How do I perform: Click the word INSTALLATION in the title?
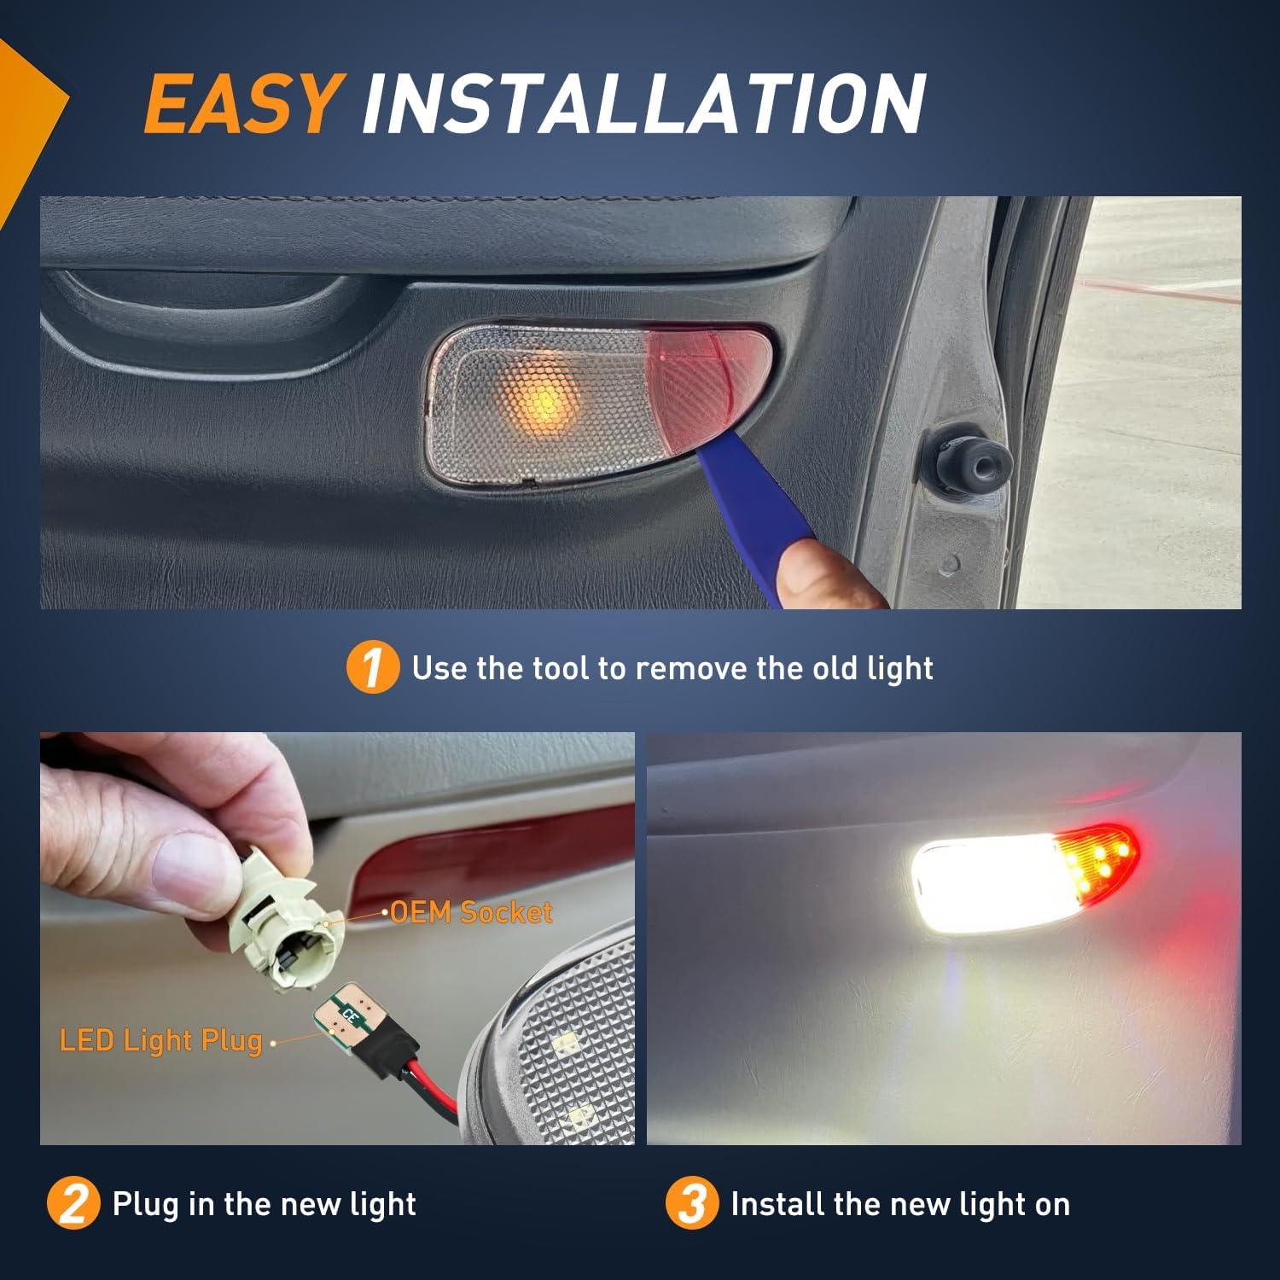point(643,104)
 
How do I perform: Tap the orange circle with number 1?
point(372,668)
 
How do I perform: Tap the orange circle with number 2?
point(73,1205)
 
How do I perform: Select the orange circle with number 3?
point(691,1205)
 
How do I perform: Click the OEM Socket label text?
point(471,912)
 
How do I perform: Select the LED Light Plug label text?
point(160,1040)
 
